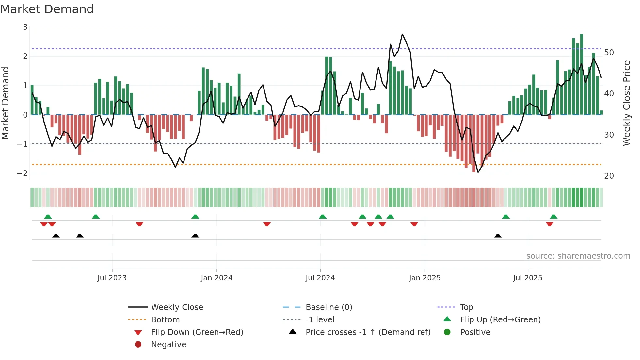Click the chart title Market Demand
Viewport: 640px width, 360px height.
pyautogui.click(x=47, y=9)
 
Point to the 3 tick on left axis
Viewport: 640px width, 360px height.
pyautogui.click(x=25, y=27)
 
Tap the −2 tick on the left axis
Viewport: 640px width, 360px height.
pyautogui.click(x=23, y=173)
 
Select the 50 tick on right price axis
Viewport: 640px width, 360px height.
pyautogui.click(x=609, y=53)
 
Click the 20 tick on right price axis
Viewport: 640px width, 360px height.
pyautogui.click(x=609, y=176)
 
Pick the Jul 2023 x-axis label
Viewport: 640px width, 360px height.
pyautogui.click(x=112, y=278)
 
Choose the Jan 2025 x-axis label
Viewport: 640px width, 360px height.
pyautogui.click(x=424, y=278)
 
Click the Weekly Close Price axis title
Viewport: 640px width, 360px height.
pyautogui.click(x=626, y=103)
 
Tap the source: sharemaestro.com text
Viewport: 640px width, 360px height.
pyautogui.click(x=578, y=256)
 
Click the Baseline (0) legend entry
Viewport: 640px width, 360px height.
pyautogui.click(x=328, y=307)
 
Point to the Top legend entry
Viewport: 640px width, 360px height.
pyautogui.click(x=466, y=307)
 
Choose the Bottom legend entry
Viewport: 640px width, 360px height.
pyautogui.click(x=165, y=320)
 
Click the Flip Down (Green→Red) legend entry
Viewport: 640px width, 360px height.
pyautogui.click(x=197, y=332)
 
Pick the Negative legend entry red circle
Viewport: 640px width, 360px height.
pyautogui.click(x=138, y=345)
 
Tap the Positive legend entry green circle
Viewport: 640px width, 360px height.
pyautogui.click(x=447, y=332)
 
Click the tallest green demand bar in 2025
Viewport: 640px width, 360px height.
pyautogui.click(x=581, y=75)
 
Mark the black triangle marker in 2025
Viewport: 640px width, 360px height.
pyautogui.click(x=498, y=236)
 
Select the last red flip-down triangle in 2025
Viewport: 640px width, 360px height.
pyautogui.click(x=550, y=224)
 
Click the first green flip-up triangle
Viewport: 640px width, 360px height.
pyautogui.click(x=48, y=217)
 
